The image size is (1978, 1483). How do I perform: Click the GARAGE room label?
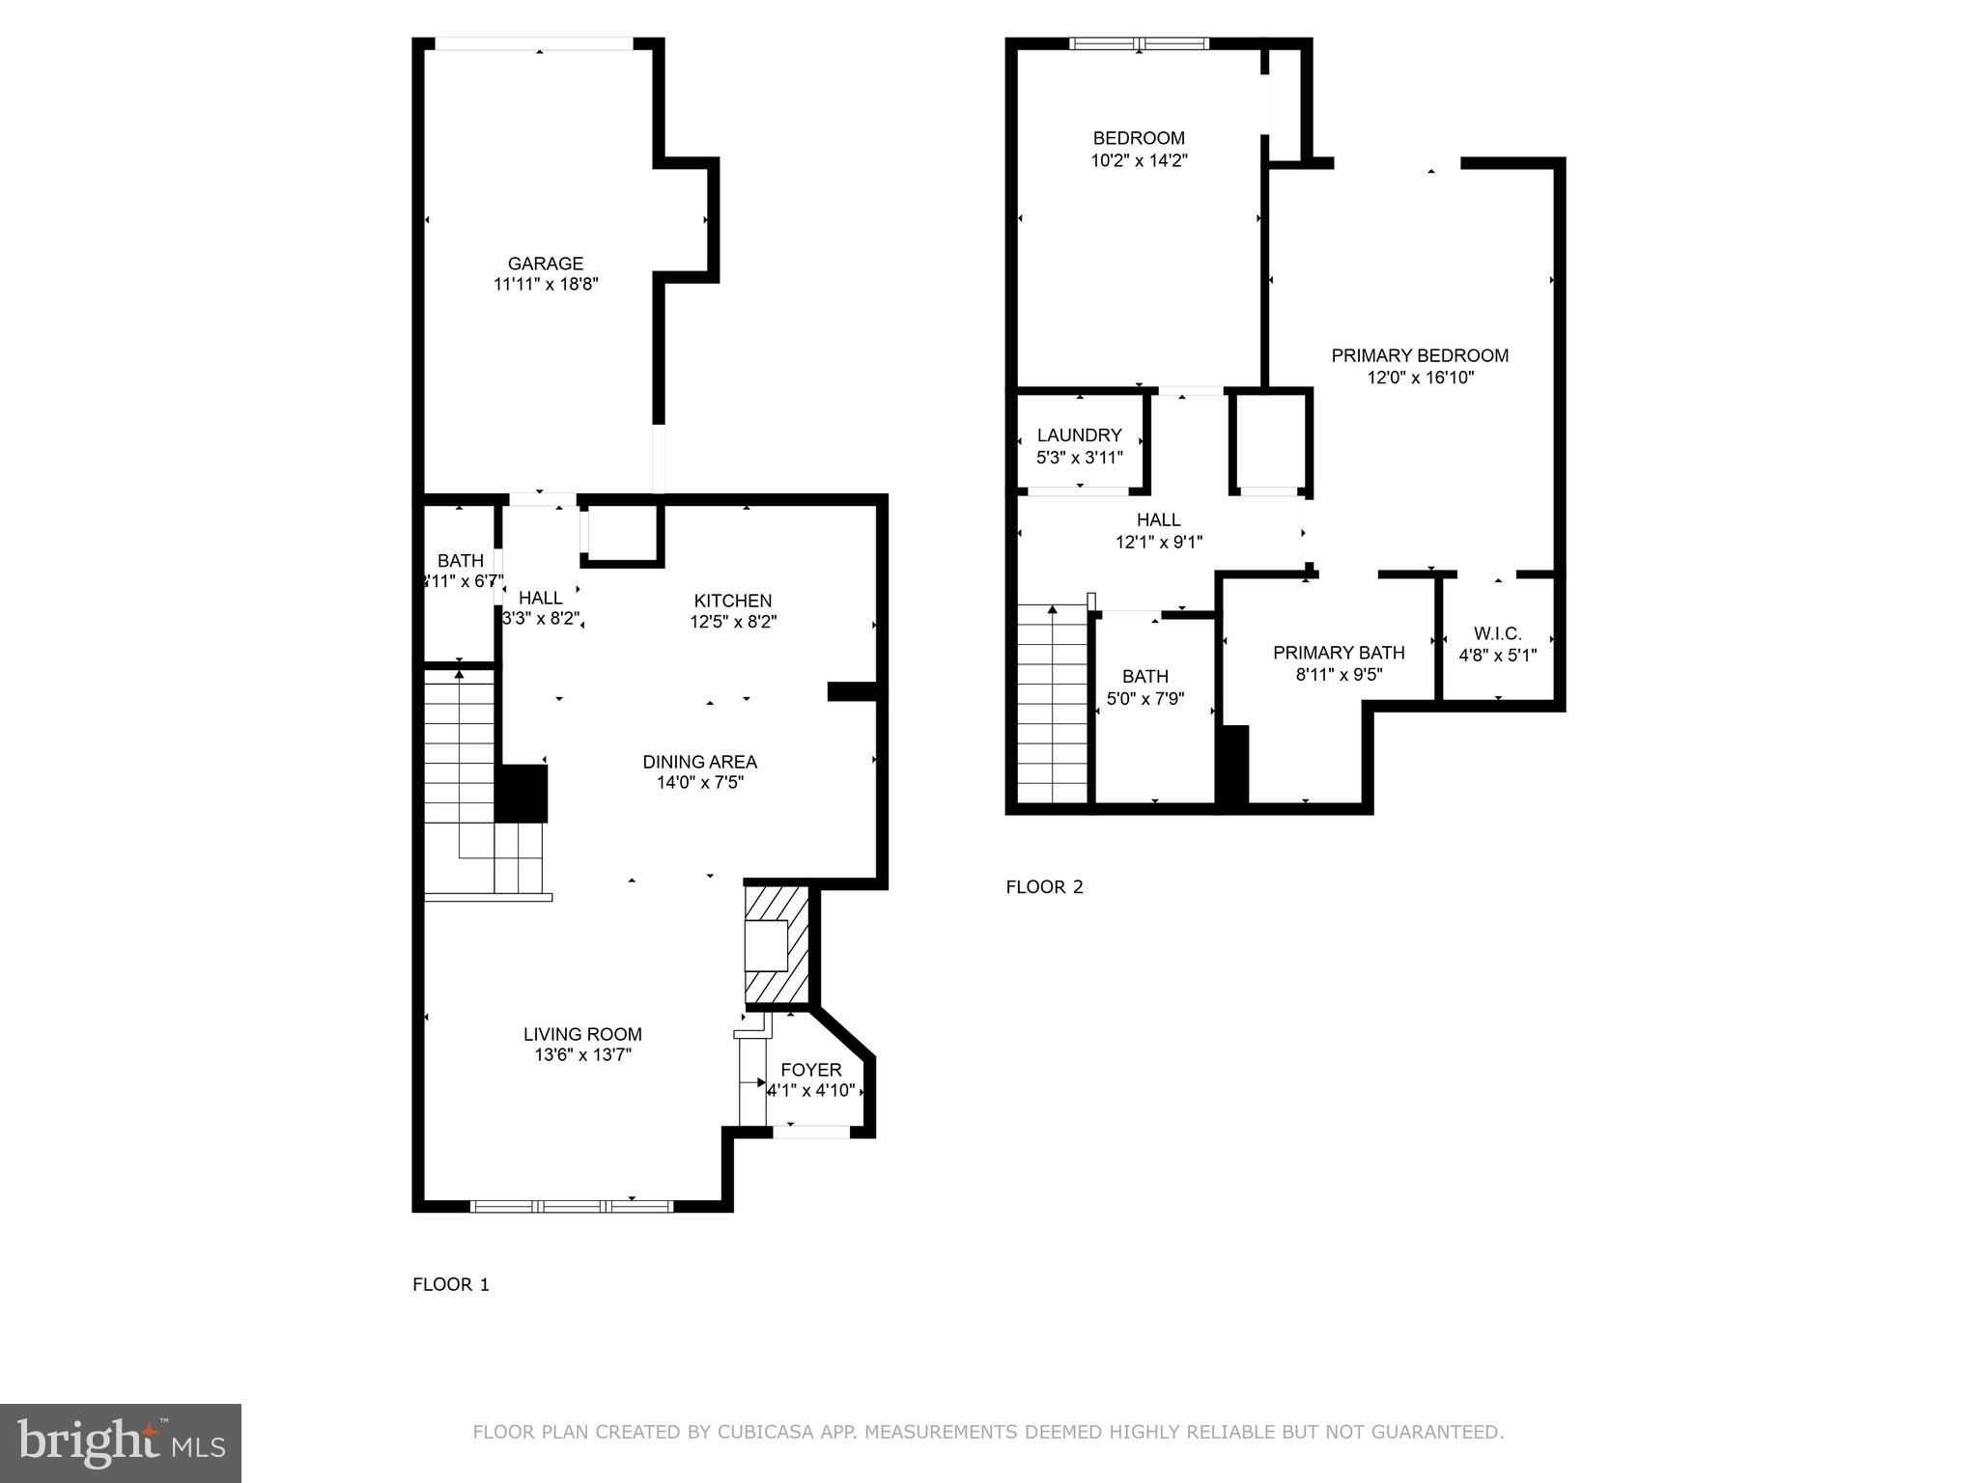[546, 264]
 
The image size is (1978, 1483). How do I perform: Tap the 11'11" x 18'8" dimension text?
[546, 285]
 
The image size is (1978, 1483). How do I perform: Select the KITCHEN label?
[732, 601]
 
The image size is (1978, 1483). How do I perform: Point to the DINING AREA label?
[699, 762]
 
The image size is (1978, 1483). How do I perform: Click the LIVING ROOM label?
[582, 1034]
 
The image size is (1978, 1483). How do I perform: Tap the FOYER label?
[810, 1070]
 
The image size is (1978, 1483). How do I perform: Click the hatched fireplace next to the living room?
[777, 946]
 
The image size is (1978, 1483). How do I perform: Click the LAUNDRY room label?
[1079, 435]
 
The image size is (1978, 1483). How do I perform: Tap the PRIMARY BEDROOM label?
[1419, 355]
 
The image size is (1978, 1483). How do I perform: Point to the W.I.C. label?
[1497, 633]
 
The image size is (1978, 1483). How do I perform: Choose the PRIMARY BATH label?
[1338, 653]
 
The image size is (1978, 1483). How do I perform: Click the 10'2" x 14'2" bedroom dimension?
[1139, 161]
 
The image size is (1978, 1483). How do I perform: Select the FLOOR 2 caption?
[1044, 887]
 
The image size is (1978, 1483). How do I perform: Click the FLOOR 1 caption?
[451, 1284]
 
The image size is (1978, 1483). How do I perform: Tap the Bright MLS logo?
[120, 1443]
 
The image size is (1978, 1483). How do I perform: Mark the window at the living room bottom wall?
[572, 1205]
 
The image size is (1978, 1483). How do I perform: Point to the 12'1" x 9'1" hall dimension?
[1158, 543]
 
